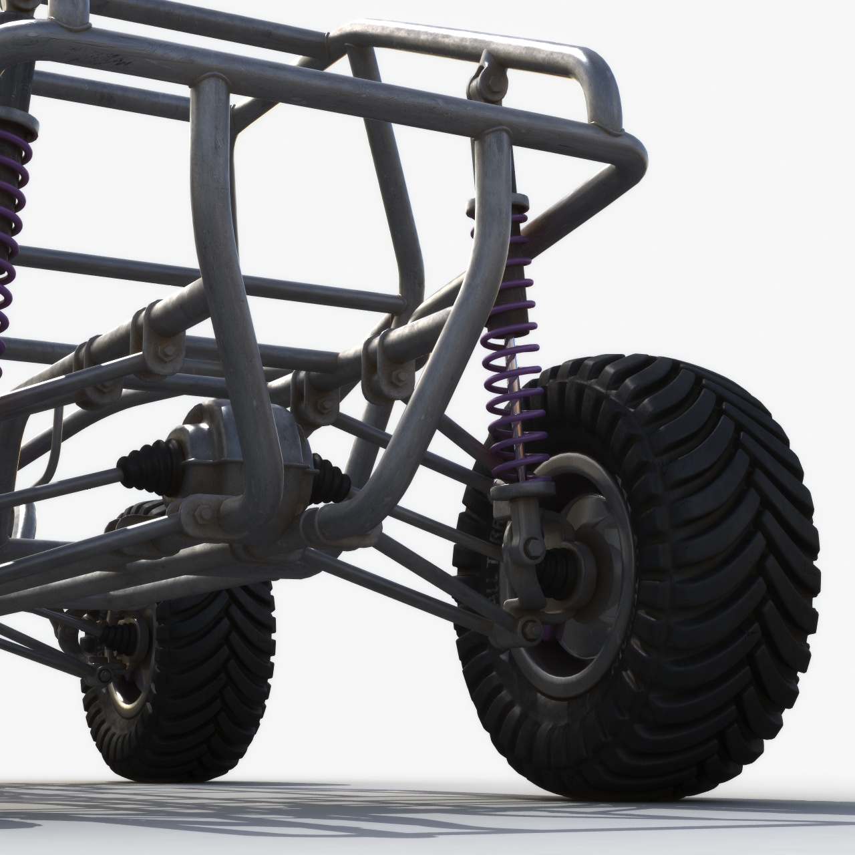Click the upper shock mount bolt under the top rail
pyautogui.click(x=482, y=80)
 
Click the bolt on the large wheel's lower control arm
pyautogui.click(x=531, y=627)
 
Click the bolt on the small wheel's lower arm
pyautogui.click(x=104, y=675)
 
